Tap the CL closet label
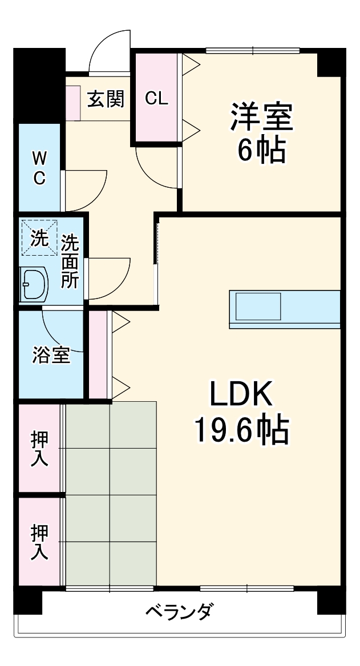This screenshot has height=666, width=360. (x=156, y=98)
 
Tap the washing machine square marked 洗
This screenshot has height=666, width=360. (x=39, y=237)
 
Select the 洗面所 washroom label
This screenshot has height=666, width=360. (x=70, y=262)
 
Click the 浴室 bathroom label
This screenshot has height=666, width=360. (x=50, y=354)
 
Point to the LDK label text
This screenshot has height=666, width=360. (x=243, y=394)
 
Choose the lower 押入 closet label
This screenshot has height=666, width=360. (x=39, y=542)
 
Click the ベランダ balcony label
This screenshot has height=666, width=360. (x=179, y=612)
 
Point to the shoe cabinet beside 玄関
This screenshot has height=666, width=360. (x=72, y=103)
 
